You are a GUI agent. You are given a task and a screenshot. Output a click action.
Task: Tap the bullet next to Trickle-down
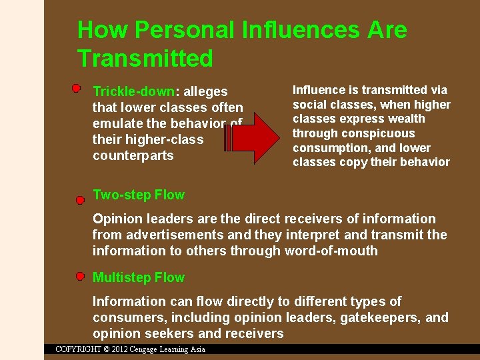77,88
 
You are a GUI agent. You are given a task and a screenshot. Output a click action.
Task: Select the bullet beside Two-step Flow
80,199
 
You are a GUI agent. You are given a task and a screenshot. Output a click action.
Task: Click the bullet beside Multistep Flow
80,275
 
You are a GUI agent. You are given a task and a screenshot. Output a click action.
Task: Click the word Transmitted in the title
145,59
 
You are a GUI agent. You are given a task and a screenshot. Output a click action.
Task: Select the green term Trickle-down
133,91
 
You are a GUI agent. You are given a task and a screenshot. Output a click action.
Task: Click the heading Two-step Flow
139,195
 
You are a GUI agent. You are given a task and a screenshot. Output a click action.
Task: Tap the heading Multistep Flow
139,277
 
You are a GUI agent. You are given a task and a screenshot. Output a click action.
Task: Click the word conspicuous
381,133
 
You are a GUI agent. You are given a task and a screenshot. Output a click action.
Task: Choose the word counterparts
133,155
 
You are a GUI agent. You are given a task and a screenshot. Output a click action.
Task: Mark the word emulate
117,123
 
